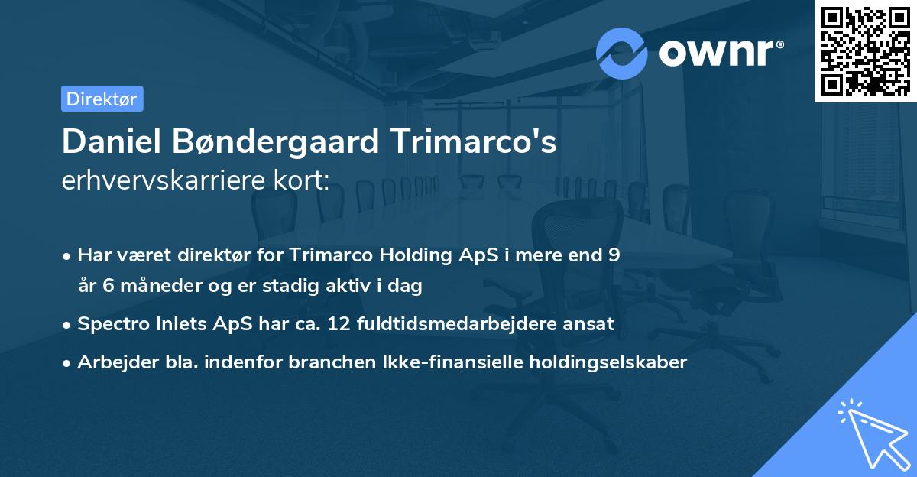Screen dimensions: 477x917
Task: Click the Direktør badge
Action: coord(102,99)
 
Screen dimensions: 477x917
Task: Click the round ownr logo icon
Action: coord(622,54)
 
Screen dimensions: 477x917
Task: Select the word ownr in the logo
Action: coord(719,54)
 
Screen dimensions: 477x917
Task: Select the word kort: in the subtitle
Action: coord(303,180)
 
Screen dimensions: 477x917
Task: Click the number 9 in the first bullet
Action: coord(614,255)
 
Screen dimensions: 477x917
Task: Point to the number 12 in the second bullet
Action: coord(339,324)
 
